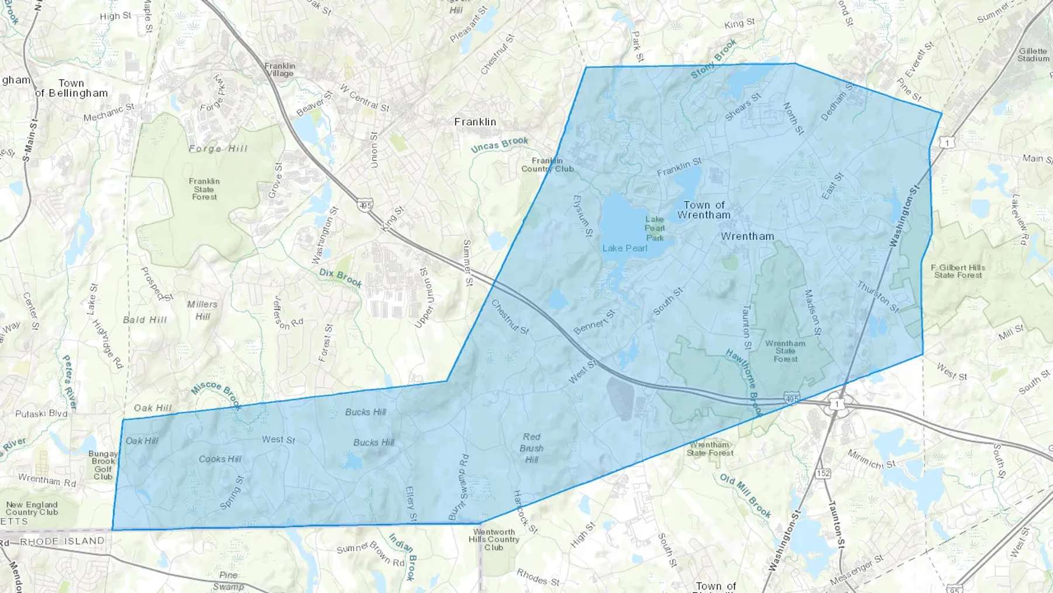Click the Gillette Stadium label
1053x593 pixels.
pos(1033,55)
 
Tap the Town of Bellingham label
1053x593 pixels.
pos(72,88)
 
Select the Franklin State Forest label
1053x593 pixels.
pos(204,189)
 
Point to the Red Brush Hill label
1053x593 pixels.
pos(531,448)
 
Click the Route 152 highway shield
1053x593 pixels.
pos(823,473)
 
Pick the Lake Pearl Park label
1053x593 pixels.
pos(655,228)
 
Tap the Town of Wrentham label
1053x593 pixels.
pos(704,210)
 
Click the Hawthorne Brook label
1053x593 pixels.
pos(744,382)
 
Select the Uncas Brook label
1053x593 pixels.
pos(500,144)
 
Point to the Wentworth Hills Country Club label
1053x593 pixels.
pos(494,540)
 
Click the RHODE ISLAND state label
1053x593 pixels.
pos(62,541)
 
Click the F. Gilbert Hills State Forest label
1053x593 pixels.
pos(958,271)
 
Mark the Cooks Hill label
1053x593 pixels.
pos(220,459)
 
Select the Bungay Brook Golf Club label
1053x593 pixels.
pos(103,465)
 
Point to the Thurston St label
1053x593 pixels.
pos(877,296)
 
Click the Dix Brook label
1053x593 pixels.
pos(340,277)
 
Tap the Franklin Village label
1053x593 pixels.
pos(280,70)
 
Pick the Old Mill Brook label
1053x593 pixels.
pos(745,495)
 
